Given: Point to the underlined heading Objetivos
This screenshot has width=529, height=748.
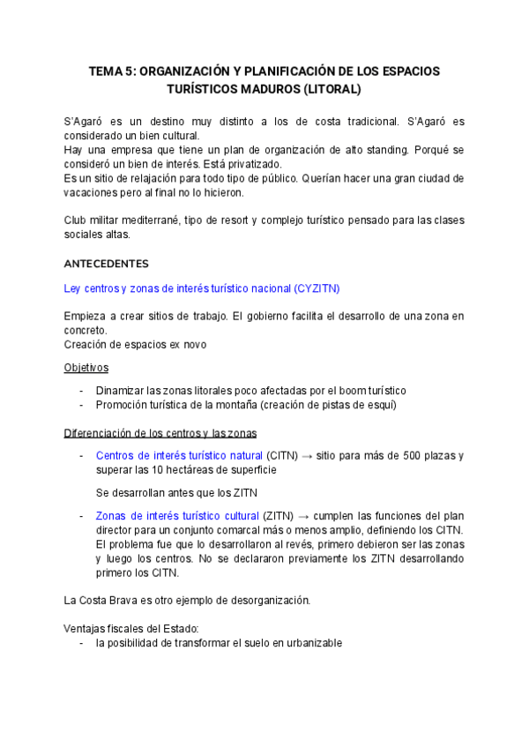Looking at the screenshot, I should coord(86,367).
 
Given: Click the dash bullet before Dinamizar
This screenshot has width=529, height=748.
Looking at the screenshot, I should coord(81,390).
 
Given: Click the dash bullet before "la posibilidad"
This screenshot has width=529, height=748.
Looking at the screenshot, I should coord(81,643).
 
